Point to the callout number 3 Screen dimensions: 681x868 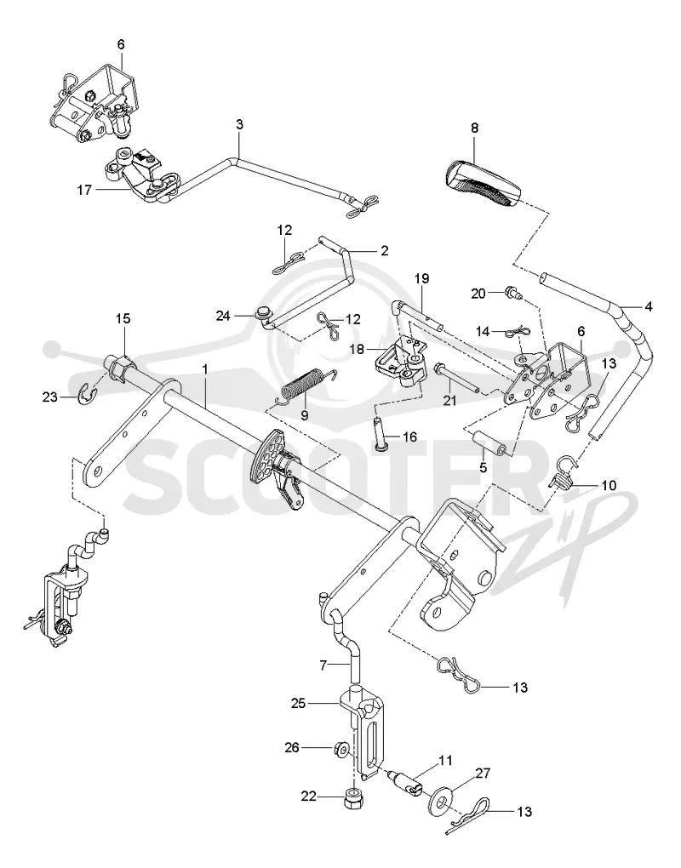(x=239, y=124)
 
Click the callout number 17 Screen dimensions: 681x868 (x=84, y=191)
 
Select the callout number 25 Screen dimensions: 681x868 (x=299, y=704)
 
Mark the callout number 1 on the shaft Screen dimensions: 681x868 (x=205, y=368)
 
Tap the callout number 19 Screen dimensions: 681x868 (x=422, y=278)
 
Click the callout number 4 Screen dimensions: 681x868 (x=648, y=306)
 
